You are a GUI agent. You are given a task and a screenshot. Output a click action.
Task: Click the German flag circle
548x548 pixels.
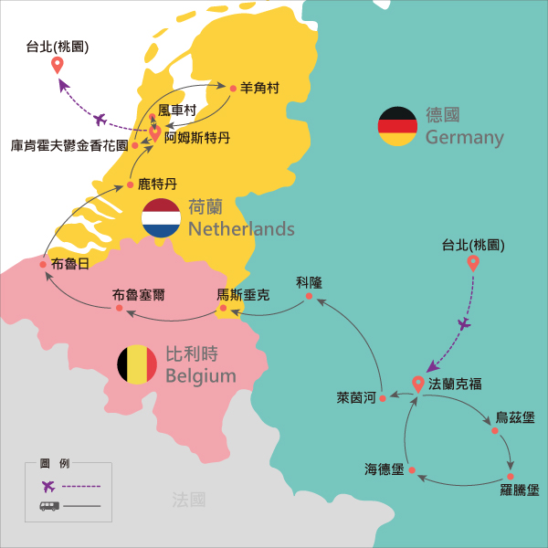(x=397, y=125)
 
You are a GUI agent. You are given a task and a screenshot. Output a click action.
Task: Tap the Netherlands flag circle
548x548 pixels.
(x=161, y=217)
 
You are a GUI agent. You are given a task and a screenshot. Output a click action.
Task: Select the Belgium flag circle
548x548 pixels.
(x=137, y=364)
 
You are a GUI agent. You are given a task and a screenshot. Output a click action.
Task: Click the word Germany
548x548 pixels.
(x=464, y=138)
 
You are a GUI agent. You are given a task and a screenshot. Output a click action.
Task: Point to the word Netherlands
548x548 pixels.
(x=241, y=228)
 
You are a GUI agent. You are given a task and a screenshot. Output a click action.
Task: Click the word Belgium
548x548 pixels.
(x=201, y=375)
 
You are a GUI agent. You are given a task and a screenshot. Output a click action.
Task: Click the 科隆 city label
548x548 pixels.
(x=310, y=281)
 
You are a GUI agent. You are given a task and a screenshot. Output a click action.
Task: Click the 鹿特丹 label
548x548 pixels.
(x=157, y=184)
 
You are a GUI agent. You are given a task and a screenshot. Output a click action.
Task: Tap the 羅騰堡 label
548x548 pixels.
(x=519, y=491)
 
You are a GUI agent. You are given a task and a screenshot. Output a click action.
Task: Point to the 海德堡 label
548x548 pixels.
(x=384, y=469)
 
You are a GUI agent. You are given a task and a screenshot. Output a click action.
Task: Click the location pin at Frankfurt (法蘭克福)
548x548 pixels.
(x=418, y=385)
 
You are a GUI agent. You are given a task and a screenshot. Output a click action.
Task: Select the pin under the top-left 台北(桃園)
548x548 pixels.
(x=57, y=65)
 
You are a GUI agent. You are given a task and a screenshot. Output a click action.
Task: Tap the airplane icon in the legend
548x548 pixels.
(x=48, y=485)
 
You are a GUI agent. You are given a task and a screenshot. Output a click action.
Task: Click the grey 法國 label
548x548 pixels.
(x=189, y=499)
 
